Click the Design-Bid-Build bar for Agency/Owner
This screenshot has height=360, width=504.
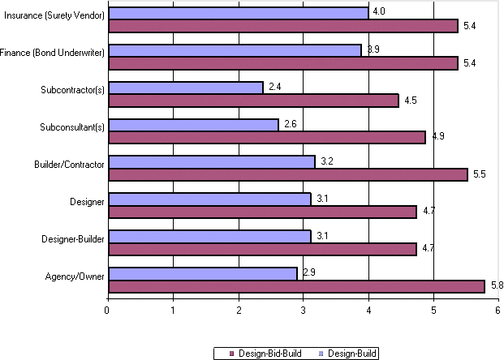click(296, 286)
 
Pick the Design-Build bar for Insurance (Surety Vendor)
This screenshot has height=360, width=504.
click(238, 13)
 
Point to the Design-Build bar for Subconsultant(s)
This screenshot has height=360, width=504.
click(192, 125)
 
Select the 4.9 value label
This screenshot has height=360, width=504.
click(437, 136)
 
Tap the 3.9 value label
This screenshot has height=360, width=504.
click(373, 49)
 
